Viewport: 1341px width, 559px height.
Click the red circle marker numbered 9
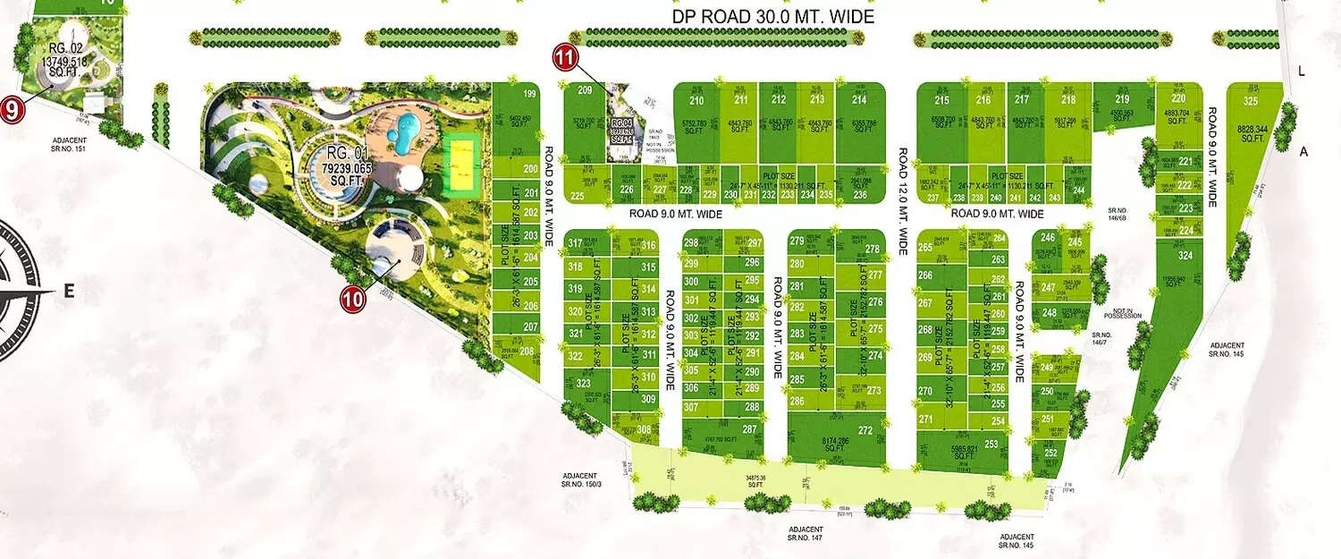click(11, 111)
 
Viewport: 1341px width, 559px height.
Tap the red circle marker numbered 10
click(353, 300)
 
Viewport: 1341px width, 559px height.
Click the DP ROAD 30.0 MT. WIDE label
click(773, 17)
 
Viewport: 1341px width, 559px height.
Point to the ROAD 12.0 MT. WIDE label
click(903, 202)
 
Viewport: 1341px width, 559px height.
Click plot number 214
click(860, 99)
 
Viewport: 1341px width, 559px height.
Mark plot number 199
click(529, 94)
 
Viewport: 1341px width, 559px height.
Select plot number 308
click(644, 429)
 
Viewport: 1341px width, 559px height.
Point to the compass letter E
click(69, 291)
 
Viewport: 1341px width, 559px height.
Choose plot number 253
click(991, 444)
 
